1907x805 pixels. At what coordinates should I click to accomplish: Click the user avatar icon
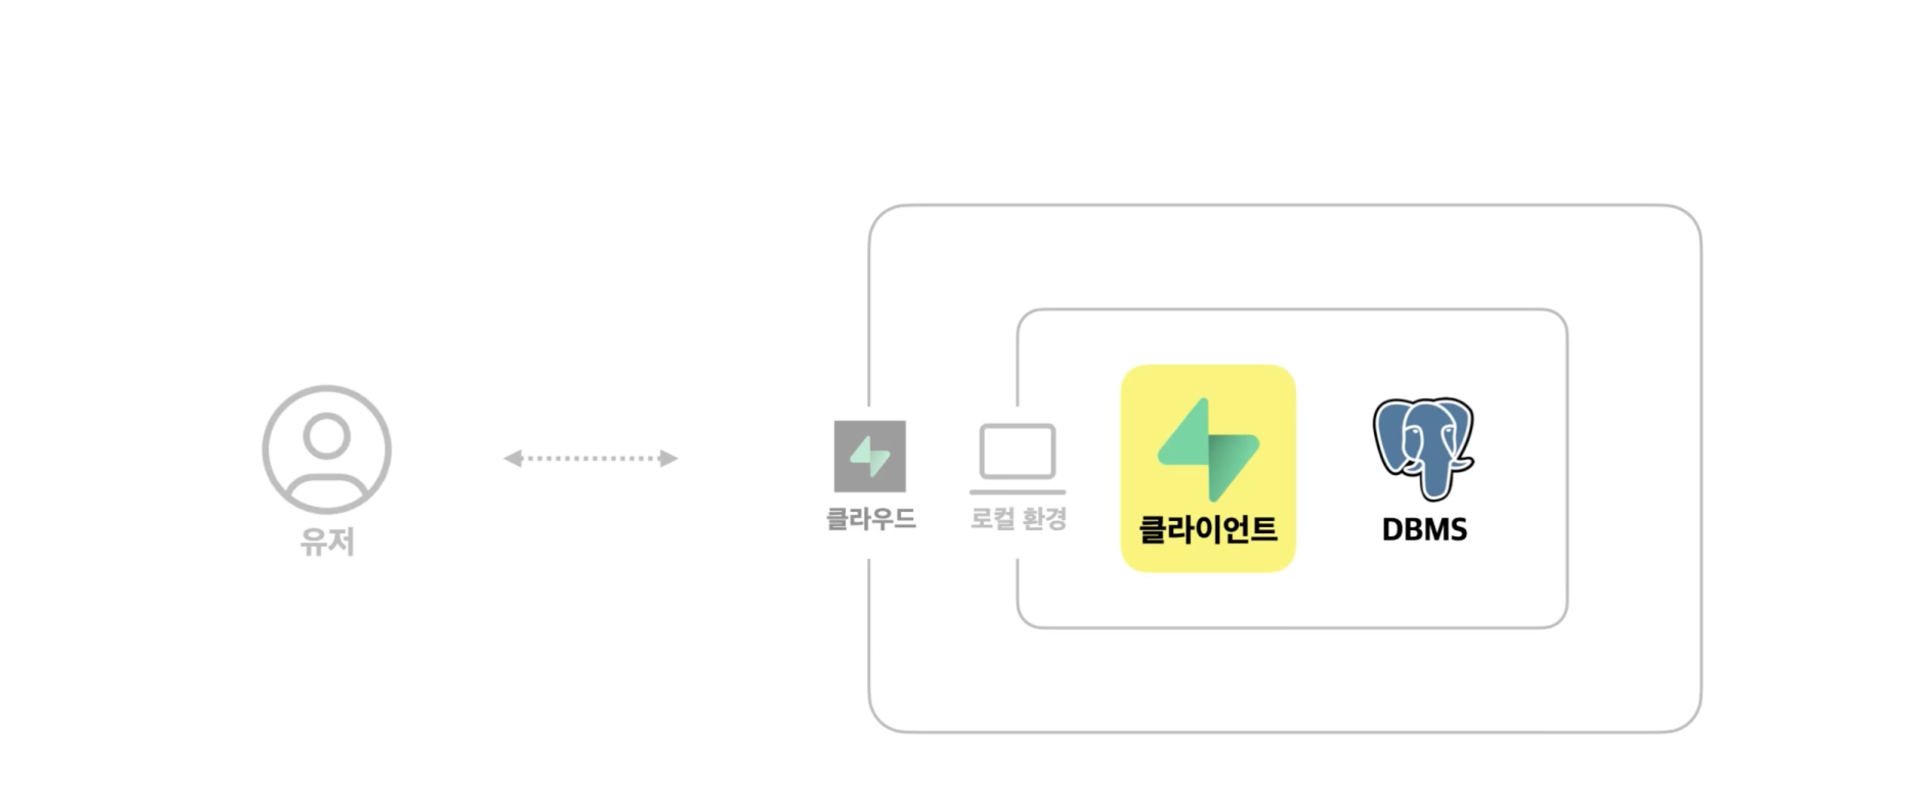point(326,449)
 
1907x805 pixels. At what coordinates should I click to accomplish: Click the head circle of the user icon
point(326,436)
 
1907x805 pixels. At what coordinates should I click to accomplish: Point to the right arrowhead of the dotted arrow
point(669,459)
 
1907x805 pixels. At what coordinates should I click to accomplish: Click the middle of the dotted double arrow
point(591,459)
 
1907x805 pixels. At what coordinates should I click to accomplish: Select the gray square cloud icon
point(870,457)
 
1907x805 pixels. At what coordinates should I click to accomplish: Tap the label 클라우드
point(871,518)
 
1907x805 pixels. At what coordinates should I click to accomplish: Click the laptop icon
point(1018,459)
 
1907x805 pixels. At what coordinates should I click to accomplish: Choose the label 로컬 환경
point(1019,518)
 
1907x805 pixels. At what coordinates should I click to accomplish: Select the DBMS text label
point(1424,530)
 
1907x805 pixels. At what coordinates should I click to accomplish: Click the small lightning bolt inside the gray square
point(870,457)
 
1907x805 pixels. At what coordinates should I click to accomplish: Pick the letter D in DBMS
point(1392,530)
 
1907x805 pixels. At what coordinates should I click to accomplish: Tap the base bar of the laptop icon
point(1018,492)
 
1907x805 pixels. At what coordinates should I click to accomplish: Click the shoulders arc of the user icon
point(326,479)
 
